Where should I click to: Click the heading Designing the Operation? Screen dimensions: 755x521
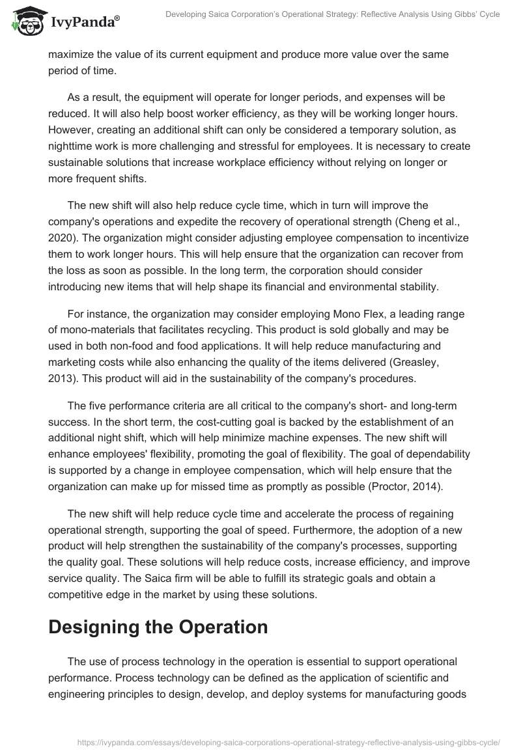(x=158, y=627)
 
